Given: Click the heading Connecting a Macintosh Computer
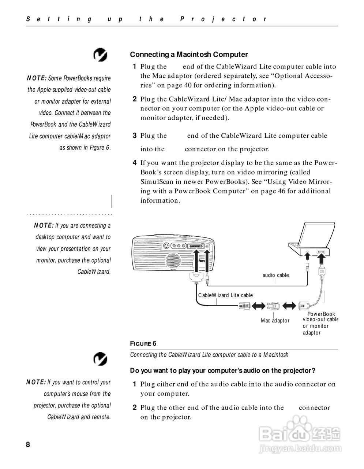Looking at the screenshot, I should [x=189, y=55].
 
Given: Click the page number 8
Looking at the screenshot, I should [x=28, y=444].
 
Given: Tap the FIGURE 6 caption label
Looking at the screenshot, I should [x=143, y=343].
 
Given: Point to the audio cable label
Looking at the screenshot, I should [x=275, y=275].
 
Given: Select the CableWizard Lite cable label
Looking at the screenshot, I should [x=225, y=295].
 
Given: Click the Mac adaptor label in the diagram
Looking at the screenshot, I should [x=275, y=321].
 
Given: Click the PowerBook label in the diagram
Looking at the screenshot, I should [x=321, y=314].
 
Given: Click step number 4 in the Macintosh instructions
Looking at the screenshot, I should [x=135, y=163].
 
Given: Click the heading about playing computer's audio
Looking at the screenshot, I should [x=222, y=370].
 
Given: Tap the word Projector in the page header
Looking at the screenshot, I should [x=224, y=19].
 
